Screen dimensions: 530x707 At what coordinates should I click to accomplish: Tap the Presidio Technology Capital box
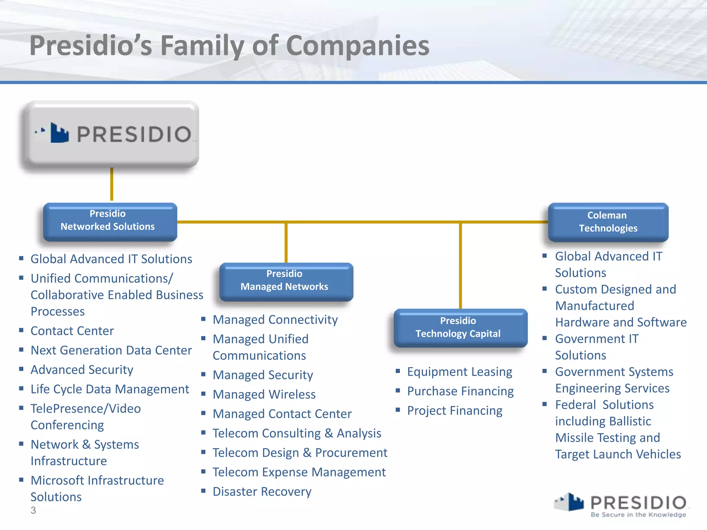pyautogui.click(x=460, y=327)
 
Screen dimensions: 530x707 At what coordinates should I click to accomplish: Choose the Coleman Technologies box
pyautogui.click(x=608, y=222)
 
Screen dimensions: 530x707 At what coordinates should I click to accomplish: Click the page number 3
pyautogui.click(x=33, y=510)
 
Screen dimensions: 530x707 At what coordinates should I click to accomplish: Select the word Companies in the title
pyautogui.click(x=358, y=46)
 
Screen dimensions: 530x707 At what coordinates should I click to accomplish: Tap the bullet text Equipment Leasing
pyautogui.click(x=459, y=372)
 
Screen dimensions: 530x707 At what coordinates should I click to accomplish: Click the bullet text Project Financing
pyautogui.click(x=455, y=411)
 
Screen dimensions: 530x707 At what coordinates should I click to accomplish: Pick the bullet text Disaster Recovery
pyautogui.click(x=262, y=491)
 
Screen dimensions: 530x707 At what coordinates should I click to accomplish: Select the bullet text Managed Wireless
pyautogui.click(x=264, y=394)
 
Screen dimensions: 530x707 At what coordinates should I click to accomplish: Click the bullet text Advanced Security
pyautogui.click(x=82, y=370)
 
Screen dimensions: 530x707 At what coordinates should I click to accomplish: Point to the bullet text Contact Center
pyautogui.click(x=72, y=331)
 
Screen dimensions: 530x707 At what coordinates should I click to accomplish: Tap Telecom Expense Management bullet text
pyautogui.click(x=299, y=472)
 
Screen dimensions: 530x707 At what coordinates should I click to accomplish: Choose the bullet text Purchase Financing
pyautogui.click(x=460, y=391)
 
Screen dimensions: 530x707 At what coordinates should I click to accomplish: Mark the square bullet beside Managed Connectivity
pyautogui.click(x=203, y=319)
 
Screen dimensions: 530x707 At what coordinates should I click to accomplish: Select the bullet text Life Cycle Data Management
pyautogui.click(x=110, y=389)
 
